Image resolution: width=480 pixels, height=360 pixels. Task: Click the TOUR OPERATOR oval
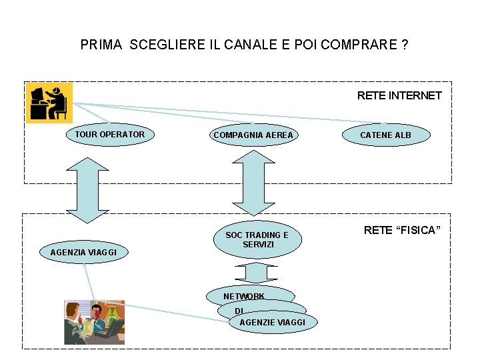109,135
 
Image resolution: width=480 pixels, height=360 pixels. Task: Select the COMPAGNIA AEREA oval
253,135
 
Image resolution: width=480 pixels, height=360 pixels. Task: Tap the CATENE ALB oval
386,135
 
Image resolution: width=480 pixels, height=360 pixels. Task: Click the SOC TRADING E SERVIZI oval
257,239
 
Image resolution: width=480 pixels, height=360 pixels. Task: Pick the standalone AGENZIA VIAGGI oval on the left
83,252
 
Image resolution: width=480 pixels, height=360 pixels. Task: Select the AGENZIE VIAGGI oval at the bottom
272,323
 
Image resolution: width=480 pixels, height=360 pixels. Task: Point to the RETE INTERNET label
399,95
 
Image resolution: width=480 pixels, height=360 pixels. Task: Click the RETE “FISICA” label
402,231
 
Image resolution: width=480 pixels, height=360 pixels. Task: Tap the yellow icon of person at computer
49,103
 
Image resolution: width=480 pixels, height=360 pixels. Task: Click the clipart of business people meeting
94,322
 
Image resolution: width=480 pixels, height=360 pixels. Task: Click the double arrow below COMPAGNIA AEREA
252,182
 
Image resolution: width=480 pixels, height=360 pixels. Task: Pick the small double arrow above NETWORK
256,273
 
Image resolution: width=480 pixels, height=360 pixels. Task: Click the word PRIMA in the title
101,45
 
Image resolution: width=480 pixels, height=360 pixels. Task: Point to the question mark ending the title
405,45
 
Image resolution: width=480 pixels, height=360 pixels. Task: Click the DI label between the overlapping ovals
239,311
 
